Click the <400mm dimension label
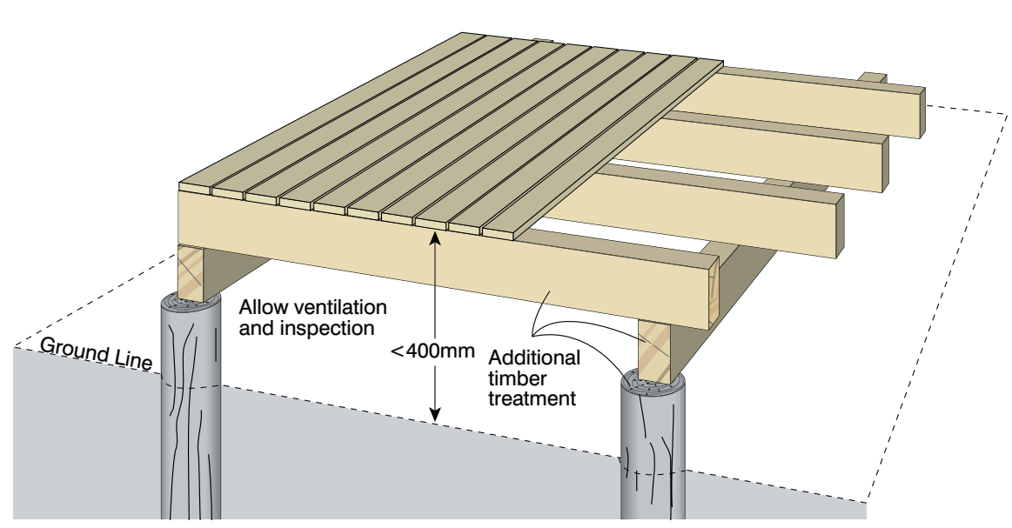433,351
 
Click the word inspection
326,329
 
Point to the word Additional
534,358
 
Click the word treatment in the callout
532,398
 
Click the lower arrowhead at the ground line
436,414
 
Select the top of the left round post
191,302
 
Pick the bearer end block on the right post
654,351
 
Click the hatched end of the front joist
713,291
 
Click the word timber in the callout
517,378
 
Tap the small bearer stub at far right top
874,78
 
